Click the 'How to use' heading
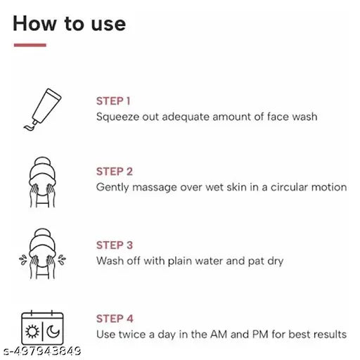(69, 23)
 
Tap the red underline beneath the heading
(30, 45)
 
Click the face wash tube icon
(41, 108)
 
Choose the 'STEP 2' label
(115, 172)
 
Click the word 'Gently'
(112, 188)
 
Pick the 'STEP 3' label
(115, 245)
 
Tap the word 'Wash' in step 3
(109, 261)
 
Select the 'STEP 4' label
(115, 319)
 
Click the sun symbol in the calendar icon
(32, 332)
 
